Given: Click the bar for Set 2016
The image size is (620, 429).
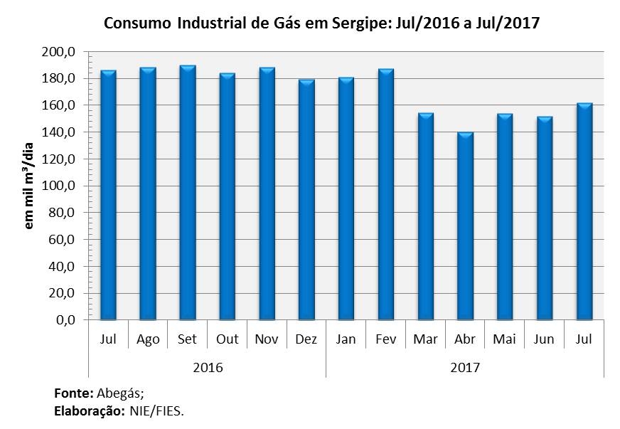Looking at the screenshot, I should point(188,192).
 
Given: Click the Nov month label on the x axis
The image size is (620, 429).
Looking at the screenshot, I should point(267,339).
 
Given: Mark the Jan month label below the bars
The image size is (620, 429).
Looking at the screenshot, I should point(346,339).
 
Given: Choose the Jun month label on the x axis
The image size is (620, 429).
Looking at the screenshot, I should point(544,339).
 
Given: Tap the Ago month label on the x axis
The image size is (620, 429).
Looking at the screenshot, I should point(147,339).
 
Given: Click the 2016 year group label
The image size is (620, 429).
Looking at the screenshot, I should point(208,368).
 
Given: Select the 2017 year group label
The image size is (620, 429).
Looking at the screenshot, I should point(465,368).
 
